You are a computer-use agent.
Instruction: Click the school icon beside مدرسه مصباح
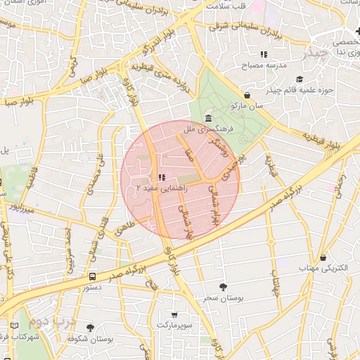(264, 54)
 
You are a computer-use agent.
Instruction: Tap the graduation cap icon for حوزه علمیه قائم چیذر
(300, 79)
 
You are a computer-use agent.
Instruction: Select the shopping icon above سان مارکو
(247, 96)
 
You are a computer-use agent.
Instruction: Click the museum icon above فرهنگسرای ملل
(208, 117)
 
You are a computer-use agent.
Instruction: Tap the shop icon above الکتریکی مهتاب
(323, 258)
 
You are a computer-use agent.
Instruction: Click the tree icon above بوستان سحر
(224, 286)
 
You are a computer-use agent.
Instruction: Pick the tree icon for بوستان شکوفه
(89, 328)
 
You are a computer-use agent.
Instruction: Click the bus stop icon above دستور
(93, 276)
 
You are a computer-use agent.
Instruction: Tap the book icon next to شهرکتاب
(15, 326)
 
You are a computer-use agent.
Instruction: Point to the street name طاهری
(124, 224)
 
